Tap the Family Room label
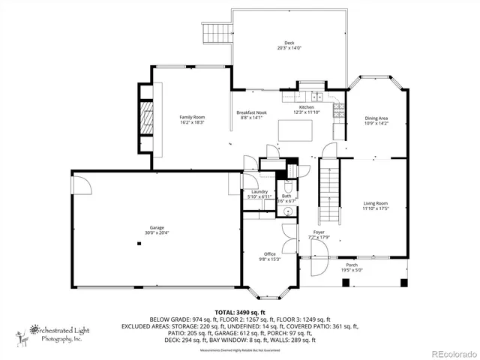pyautogui.click(x=192, y=117)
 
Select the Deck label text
pyautogui.click(x=289, y=43)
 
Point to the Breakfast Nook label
pyautogui.click(x=251, y=112)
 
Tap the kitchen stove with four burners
pyautogui.click(x=337, y=111)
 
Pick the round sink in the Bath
pyautogui.click(x=287, y=213)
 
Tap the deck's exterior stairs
pyautogui.click(x=215, y=34)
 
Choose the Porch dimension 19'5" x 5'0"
pyautogui.click(x=352, y=269)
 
